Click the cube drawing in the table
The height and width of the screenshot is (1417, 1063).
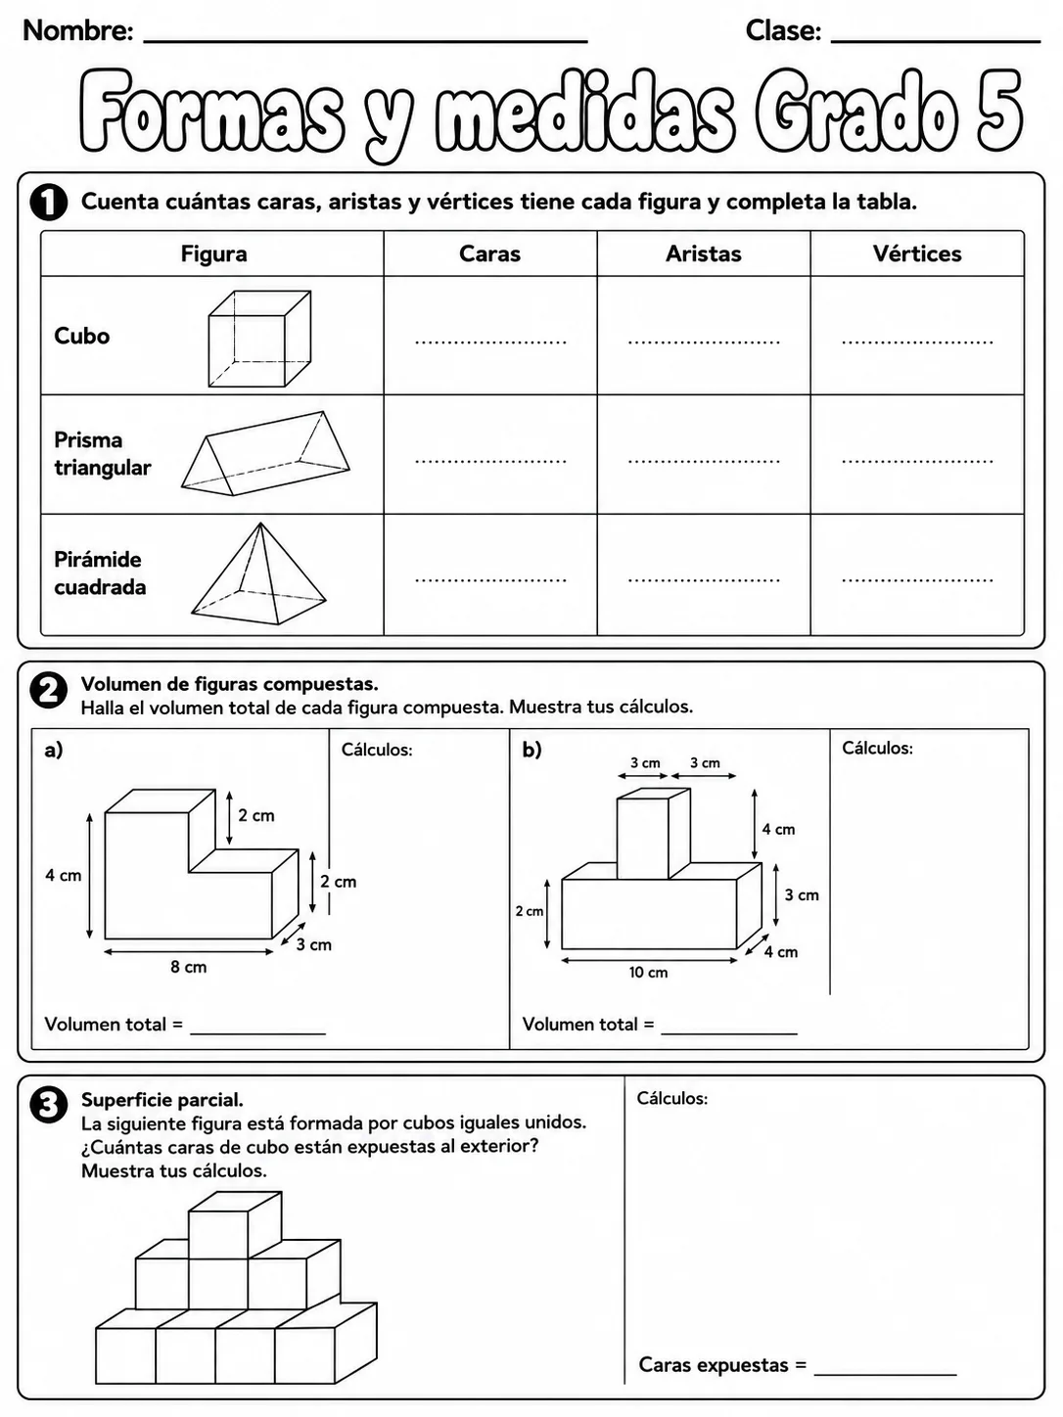point(259,339)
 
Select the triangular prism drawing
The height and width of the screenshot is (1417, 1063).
point(265,453)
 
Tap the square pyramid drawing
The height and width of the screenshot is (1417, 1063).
point(258,573)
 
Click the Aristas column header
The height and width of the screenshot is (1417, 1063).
point(704,253)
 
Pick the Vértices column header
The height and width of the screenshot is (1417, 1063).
point(917,253)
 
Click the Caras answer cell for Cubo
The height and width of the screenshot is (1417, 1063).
point(490,336)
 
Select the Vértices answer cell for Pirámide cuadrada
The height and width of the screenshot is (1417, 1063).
point(917,574)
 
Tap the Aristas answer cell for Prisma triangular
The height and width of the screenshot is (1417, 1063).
point(704,454)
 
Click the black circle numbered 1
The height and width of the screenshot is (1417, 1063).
point(48,203)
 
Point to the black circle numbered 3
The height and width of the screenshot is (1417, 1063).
point(48,1105)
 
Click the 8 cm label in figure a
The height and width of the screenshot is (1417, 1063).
point(189,967)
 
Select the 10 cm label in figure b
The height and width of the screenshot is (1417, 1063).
point(649,972)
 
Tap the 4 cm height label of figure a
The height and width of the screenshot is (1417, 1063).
point(64,876)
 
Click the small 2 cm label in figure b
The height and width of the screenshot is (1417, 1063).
point(530,911)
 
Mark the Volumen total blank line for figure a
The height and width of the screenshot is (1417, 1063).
point(258,1033)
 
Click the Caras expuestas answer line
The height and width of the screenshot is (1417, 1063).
point(886,1374)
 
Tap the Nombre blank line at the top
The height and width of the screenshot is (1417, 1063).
point(365,42)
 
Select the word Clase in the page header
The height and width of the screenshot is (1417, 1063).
point(783,30)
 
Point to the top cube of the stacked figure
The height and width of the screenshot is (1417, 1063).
point(234,1225)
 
